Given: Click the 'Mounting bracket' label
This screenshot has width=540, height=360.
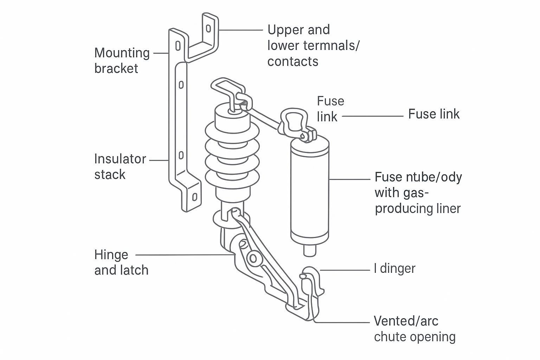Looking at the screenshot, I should click(x=122, y=60).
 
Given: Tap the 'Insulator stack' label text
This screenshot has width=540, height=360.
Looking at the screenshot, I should click(x=120, y=167).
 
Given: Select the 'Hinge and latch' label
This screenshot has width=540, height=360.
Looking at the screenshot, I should click(x=121, y=262).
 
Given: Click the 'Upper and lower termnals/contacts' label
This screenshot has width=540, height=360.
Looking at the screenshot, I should click(x=313, y=45).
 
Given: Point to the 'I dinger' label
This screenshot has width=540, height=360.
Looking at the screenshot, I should click(x=394, y=269).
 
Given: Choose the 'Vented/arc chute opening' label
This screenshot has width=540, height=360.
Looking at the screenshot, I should click(x=414, y=329).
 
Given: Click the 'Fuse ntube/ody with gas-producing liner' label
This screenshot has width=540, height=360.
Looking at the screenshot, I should click(x=418, y=193).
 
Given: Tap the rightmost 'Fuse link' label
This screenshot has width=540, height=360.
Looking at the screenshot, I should click(x=433, y=114).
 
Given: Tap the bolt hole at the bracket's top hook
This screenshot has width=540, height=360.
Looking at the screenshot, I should click(x=208, y=28).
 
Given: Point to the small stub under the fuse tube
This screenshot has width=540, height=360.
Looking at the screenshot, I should click(x=310, y=250).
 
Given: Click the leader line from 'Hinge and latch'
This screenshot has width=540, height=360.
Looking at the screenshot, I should click(x=183, y=255).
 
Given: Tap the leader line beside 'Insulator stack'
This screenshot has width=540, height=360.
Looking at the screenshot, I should click(x=159, y=160).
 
